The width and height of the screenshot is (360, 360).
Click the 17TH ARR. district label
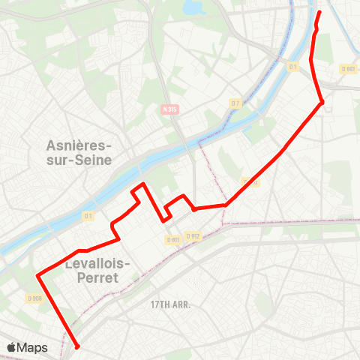tap(170, 304)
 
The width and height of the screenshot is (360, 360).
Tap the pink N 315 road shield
tap(169, 109)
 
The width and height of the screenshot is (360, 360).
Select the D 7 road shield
tap(235, 103)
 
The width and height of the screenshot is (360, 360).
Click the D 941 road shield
tap(347, 69)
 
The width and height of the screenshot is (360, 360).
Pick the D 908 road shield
tap(34, 298)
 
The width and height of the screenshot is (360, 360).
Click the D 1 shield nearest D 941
tap(293, 66)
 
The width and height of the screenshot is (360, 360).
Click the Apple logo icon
tap(12, 347)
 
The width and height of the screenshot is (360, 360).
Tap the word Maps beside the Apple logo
tap(33, 347)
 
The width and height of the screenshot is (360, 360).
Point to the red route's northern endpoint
tap(319, 12)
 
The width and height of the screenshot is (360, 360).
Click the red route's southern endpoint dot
tap(76, 346)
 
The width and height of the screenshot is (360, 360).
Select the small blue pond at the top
tap(194, 7)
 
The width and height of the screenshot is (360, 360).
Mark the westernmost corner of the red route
tap(37, 275)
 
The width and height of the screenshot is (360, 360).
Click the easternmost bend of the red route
tap(322, 103)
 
